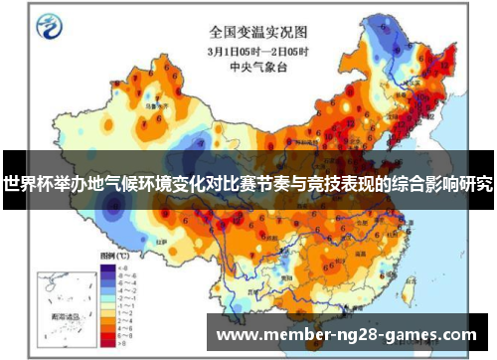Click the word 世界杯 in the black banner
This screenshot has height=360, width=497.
tap(26, 183)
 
